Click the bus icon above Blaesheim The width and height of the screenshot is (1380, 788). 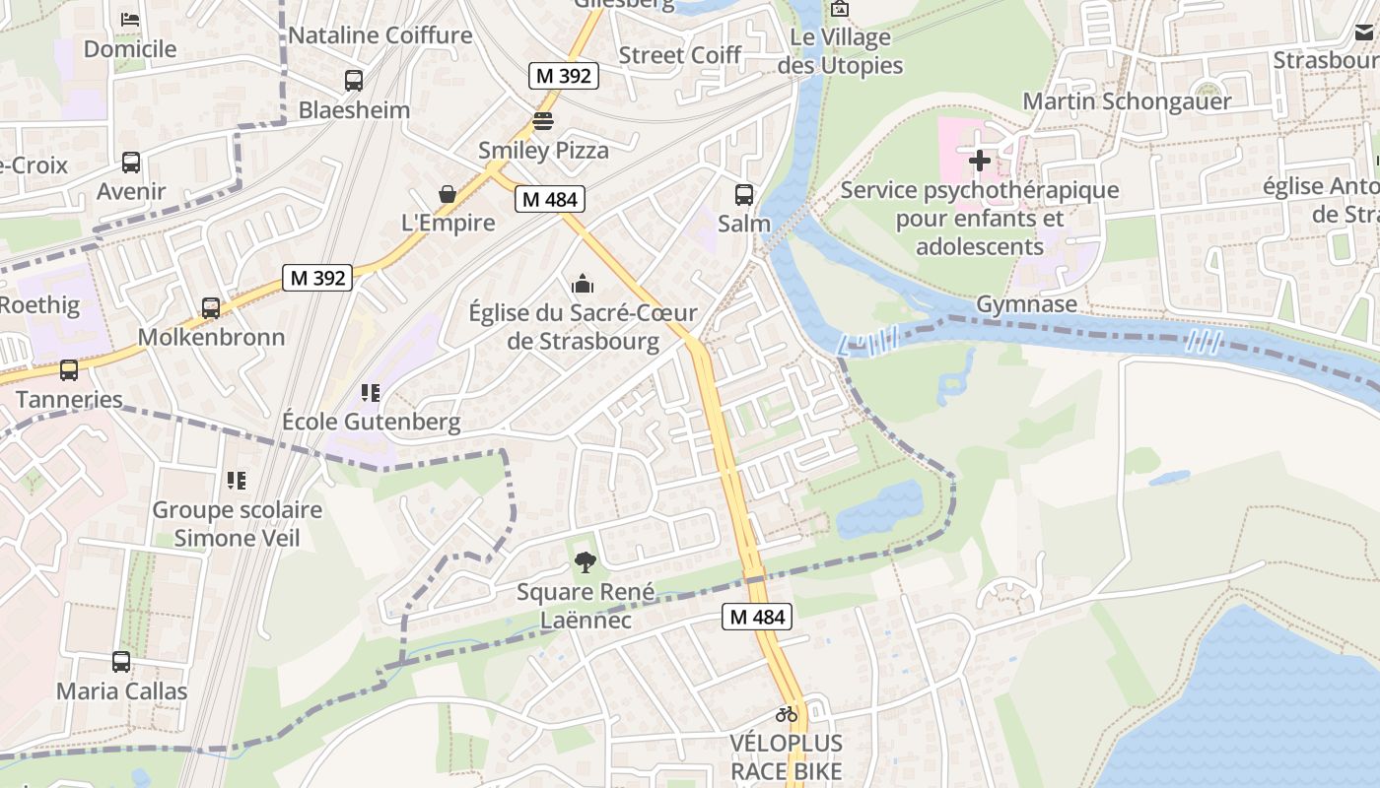[353, 81]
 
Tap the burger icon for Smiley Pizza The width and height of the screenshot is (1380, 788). [543, 122]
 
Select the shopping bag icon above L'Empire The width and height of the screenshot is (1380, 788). [448, 194]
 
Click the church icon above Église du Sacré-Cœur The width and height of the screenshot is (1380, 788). [583, 285]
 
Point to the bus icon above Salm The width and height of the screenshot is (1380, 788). [744, 195]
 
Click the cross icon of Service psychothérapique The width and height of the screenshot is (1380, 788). [980, 160]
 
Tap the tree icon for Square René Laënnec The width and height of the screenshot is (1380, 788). [585, 563]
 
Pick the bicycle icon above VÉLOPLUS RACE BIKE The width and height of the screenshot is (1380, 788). [786, 714]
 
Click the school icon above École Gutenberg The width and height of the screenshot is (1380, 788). [371, 394]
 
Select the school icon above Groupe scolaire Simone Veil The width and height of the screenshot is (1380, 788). [237, 481]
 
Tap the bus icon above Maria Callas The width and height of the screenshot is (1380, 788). [121, 662]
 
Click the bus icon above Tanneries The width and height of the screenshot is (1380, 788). [69, 370]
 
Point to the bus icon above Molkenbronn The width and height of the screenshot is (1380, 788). [211, 308]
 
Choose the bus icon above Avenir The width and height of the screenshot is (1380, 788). [131, 163]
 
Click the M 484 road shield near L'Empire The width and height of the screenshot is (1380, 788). [550, 199]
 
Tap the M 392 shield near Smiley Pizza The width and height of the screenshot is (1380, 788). [563, 76]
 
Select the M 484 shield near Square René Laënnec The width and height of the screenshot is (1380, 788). [757, 618]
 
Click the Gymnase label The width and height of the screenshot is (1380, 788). [1026, 304]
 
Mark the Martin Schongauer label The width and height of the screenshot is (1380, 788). [1127, 101]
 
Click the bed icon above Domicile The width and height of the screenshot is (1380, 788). [129, 20]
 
